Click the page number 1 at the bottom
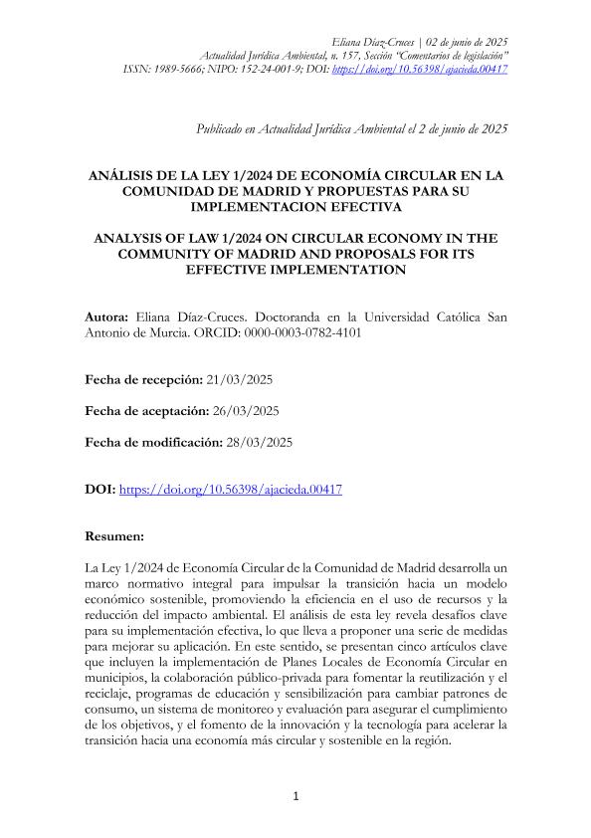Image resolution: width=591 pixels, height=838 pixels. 295,795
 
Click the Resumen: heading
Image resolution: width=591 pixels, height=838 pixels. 116,534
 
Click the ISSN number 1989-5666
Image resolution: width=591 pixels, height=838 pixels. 173,70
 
